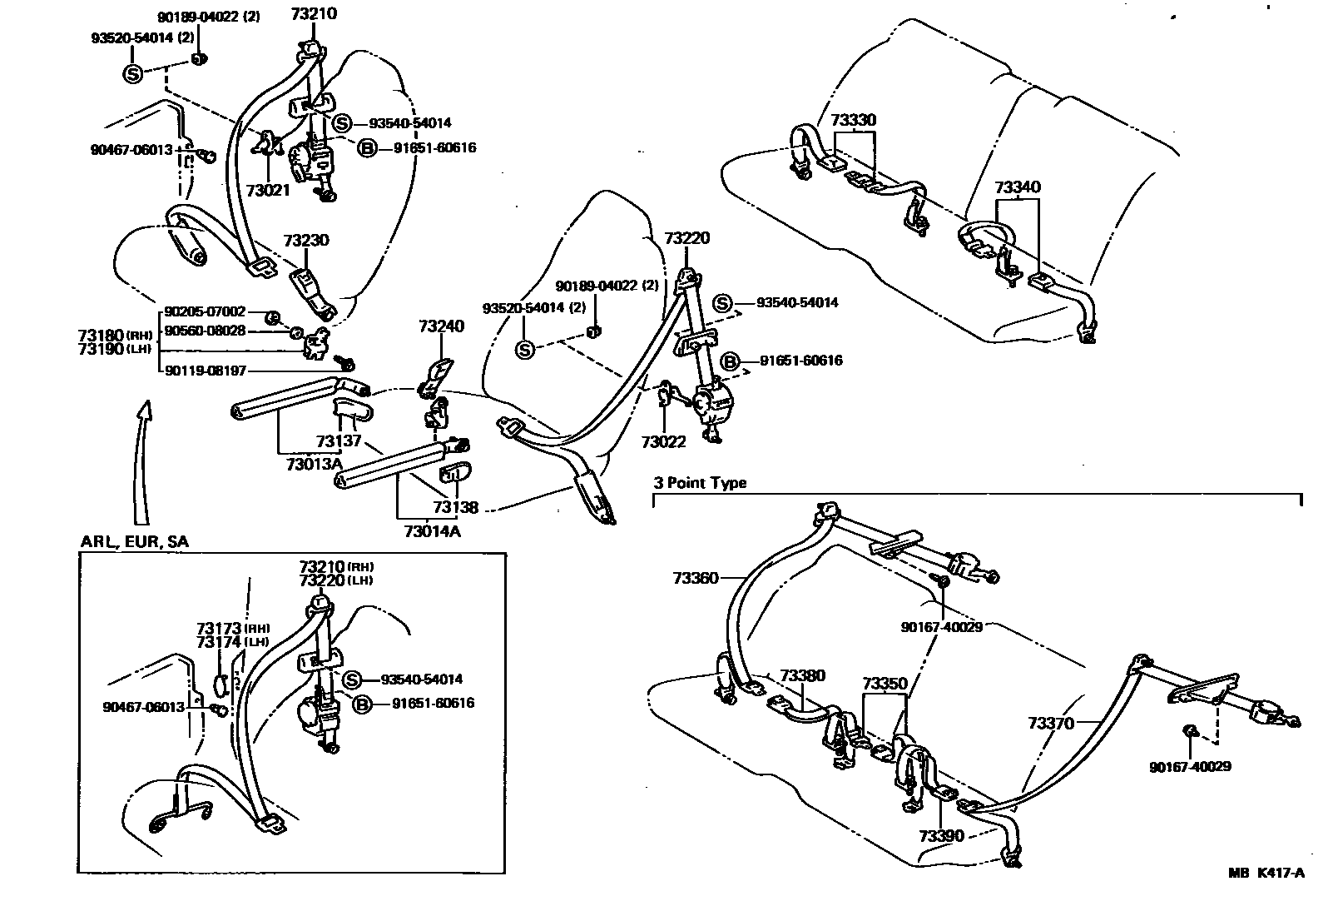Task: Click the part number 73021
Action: [x=268, y=190]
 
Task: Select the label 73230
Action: [x=305, y=241]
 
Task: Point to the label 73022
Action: [x=663, y=441]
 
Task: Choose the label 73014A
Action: [x=431, y=530]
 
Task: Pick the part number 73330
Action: [x=853, y=121]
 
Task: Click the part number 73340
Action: [x=1018, y=187]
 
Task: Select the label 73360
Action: [x=695, y=576]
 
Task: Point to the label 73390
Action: [x=941, y=835]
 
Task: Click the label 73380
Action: [x=803, y=675]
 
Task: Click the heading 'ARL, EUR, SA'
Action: [x=134, y=541]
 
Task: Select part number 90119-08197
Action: [x=205, y=371]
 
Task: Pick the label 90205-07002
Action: [x=205, y=311]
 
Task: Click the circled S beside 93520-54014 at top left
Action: [x=133, y=73]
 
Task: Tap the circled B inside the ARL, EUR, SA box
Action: [x=363, y=704]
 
